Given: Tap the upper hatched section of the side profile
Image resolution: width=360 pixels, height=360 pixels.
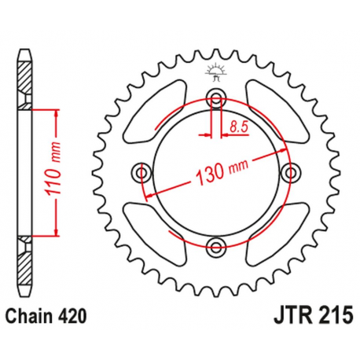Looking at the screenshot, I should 26,79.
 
